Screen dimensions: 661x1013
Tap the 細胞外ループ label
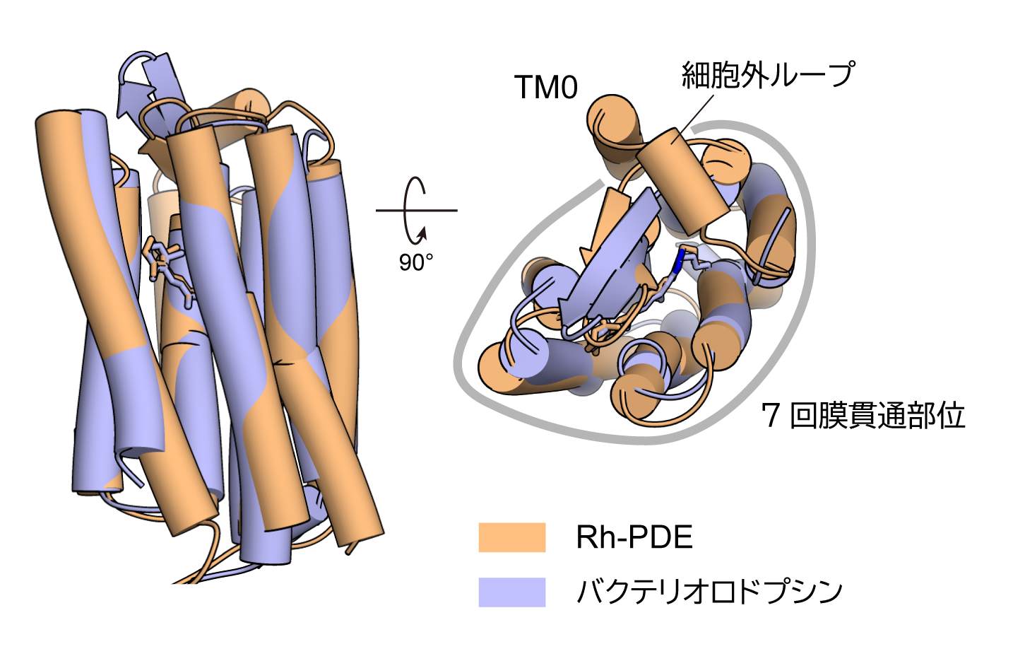click(x=767, y=74)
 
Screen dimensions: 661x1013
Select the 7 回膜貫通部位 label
click(x=863, y=416)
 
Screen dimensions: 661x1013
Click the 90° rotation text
click(x=416, y=262)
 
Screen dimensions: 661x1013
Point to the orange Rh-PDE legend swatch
click(x=511, y=537)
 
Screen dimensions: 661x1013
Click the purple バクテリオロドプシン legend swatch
click(x=511, y=592)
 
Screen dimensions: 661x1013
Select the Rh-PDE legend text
click(x=634, y=538)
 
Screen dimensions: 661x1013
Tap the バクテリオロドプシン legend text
click(x=709, y=592)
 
